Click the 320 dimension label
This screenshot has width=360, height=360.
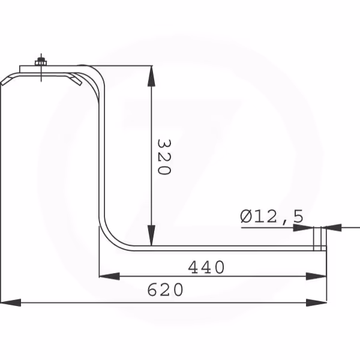(x=164, y=157)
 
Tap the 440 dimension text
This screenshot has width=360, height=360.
(x=206, y=267)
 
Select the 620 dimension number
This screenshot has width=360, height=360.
(x=166, y=290)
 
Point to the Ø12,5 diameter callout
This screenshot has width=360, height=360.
(x=272, y=217)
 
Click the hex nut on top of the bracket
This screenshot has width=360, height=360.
(x=41, y=62)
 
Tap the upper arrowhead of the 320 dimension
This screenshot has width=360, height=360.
(x=151, y=76)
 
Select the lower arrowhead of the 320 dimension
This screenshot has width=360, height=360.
(x=151, y=235)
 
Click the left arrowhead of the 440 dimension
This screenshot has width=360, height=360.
(x=109, y=276)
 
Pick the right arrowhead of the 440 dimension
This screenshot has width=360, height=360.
(x=316, y=276)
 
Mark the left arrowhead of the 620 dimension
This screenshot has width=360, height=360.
(x=11, y=302)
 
